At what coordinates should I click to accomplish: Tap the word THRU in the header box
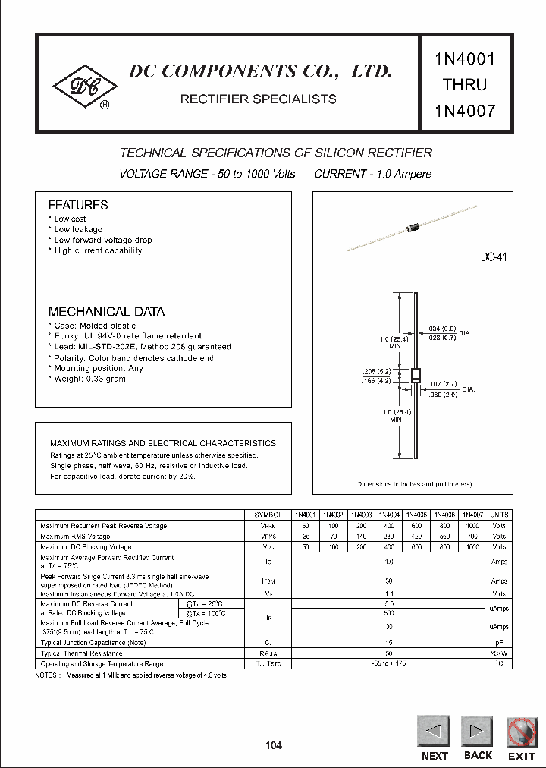tap(465, 83)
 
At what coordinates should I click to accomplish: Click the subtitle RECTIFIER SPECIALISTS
tap(257, 99)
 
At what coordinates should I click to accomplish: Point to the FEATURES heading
tap(78, 205)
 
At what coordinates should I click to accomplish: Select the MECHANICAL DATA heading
tap(106, 312)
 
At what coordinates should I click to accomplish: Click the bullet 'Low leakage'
tap(77, 229)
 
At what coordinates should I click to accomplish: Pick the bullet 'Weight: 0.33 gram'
tap(89, 379)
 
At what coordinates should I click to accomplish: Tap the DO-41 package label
tap(492, 258)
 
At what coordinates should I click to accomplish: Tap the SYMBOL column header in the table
tap(271, 514)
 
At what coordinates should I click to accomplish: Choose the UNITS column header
tap(499, 514)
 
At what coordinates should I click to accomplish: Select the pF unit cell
tap(499, 642)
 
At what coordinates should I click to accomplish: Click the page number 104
tap(273, 745)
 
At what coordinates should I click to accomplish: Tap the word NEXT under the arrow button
tap(435, 755)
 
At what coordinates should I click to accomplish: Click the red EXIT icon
tap(521, 734)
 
